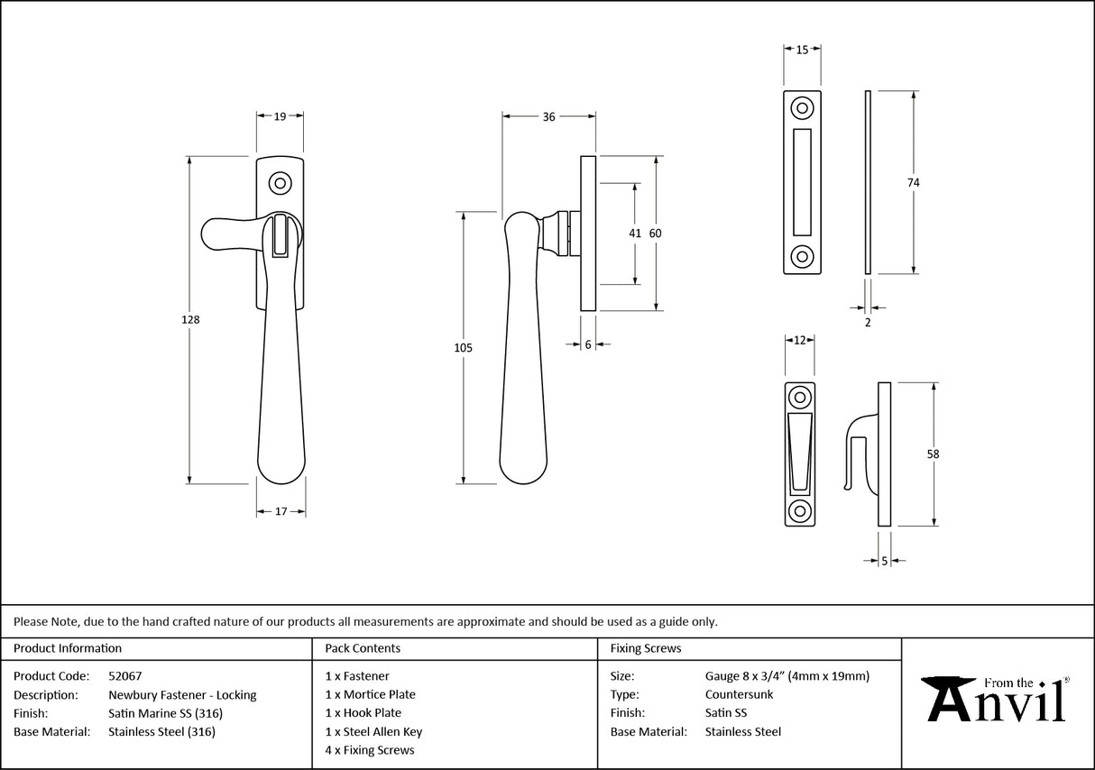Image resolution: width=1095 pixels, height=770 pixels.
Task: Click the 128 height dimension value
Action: [x=189, y=320]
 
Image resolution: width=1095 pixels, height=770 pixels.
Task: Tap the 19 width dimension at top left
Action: [x=280, y=116]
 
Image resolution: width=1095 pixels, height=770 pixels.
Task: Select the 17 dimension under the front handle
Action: [x=281, y=511]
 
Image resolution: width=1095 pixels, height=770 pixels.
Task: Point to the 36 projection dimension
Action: [x=548, y=116]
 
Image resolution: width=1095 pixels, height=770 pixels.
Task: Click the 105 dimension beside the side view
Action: [x=464, y=347]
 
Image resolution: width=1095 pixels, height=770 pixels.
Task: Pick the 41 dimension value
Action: [x=635, y=234]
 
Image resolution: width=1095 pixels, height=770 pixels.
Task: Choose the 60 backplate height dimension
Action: [x=656, y=234]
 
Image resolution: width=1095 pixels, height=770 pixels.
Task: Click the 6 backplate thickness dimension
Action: [x=588, y=344]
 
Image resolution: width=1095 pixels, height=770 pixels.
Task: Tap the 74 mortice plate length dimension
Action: [x=913, y=182]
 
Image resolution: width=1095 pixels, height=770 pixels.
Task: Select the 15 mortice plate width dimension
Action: [x=802, y=50]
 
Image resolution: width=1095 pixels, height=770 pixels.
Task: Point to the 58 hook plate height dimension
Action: [x=933, y=454]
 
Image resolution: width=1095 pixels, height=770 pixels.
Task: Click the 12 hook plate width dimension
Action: [x=799, y=340]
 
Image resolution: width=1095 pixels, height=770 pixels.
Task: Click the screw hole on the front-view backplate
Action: [x=281, y=184]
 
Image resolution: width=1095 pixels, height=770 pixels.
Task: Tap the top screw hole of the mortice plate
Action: [x=801, y=108]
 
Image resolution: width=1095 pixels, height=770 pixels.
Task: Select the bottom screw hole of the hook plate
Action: [x=799, y=509]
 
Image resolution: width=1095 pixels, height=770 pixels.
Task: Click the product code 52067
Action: [x=124, y=675]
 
